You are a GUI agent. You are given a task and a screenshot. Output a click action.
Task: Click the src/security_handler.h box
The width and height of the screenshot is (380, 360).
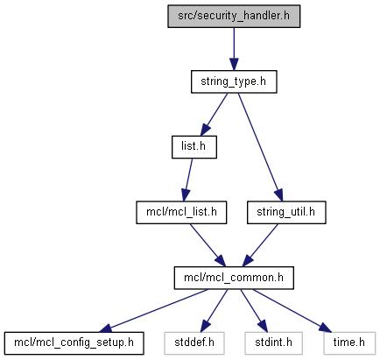click(234, 17)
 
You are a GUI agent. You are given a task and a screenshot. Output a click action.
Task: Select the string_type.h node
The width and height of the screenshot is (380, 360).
click(234, 81)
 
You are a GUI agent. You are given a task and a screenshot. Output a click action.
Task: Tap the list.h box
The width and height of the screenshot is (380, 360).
click(194, 147)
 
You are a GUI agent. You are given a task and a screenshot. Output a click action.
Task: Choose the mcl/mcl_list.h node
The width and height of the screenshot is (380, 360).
click(181, 213)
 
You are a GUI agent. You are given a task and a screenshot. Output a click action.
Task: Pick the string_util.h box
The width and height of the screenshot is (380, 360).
click(286, 213)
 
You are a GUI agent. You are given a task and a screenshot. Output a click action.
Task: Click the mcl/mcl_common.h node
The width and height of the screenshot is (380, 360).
click(234, 278)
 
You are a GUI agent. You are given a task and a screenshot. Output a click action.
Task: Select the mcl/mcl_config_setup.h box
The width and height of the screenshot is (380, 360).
click(74, 343)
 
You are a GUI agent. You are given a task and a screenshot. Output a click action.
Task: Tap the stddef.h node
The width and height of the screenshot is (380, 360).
click(194, 343)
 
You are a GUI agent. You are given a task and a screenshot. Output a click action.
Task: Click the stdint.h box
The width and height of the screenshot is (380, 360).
click(273, 343)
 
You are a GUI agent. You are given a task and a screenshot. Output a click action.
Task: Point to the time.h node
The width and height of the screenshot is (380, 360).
click(349, 343)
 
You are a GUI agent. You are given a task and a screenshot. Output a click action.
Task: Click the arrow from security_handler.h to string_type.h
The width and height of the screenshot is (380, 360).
click(234, 49)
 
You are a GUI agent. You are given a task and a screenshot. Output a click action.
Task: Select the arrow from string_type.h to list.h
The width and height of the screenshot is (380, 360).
click(214, 115)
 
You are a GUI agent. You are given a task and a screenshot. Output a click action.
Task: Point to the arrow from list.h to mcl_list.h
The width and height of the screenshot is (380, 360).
click(187, 180)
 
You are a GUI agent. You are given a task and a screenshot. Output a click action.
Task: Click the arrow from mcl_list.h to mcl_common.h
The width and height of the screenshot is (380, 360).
click(208, 245)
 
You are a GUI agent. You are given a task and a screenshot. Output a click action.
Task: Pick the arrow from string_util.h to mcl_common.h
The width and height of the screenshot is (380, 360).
click(260, 245)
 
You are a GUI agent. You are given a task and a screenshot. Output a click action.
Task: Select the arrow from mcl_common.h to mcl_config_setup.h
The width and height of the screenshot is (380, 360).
click(154, 311)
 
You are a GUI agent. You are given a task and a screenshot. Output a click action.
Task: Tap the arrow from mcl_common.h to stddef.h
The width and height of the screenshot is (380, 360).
click(214, 311)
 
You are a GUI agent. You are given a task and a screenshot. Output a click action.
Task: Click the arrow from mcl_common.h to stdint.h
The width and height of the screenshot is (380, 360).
click(254, 311)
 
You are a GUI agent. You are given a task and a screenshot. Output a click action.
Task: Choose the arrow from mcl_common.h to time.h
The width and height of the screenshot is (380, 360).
click(292, 311)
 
